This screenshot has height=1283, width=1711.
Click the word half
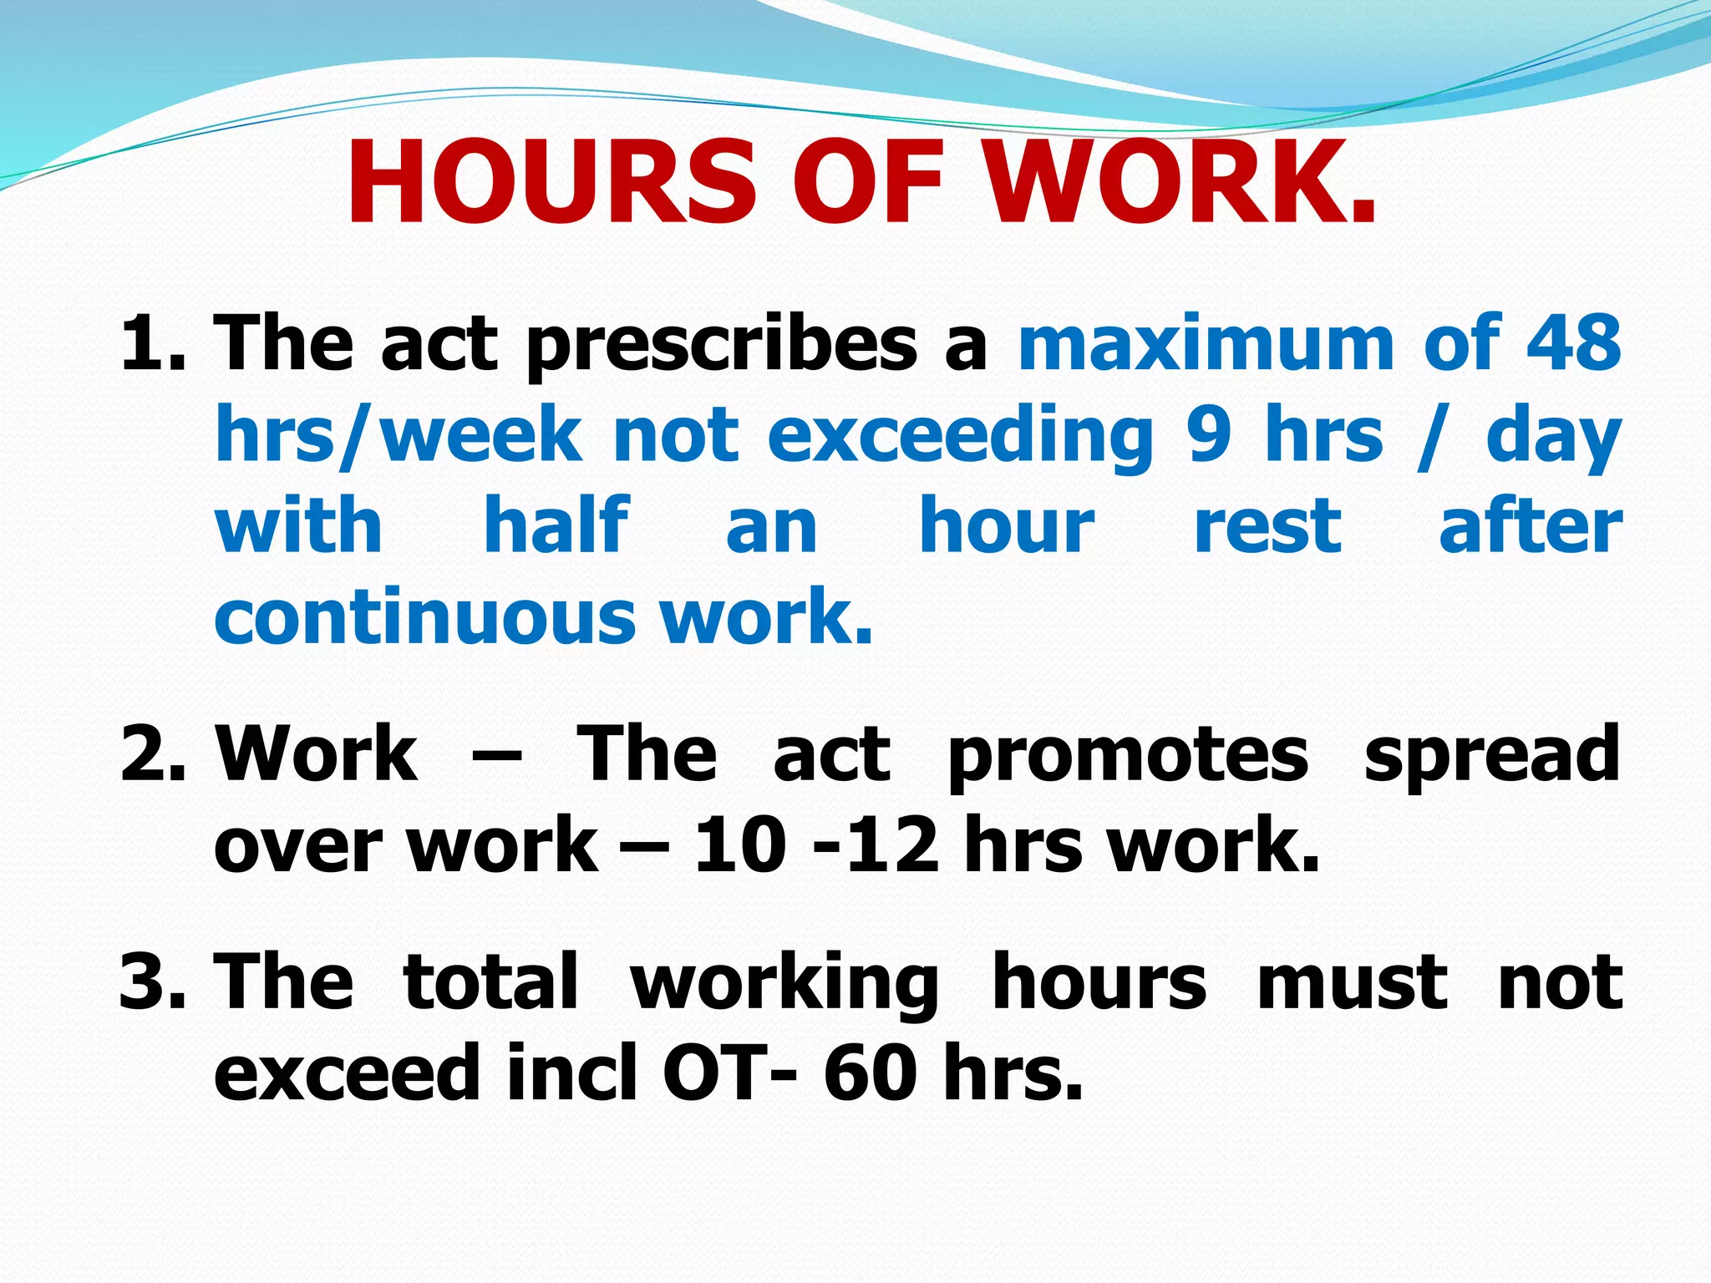pos(556,526)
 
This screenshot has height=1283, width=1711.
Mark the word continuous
pos(425,618)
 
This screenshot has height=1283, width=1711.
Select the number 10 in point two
pos(740,845)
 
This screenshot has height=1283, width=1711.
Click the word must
pos(1352,982)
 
